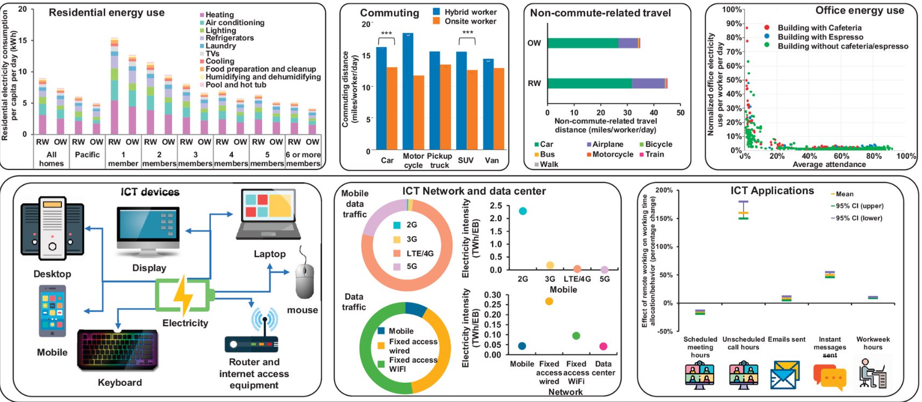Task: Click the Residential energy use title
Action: (107, 12)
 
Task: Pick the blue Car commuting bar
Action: (381, 98)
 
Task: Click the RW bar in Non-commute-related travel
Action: (607, 83)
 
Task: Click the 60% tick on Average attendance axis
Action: (842, 156)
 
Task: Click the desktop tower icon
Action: (52, 229)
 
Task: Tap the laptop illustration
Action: (268, 214)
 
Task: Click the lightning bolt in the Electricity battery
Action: (183, 295)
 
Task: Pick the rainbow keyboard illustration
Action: (119, 350)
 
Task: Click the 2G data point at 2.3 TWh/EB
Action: (522, 211)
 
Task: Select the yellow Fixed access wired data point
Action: (549, 301)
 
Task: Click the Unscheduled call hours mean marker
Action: (743, 213)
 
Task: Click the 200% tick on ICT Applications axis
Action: (664, 191)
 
